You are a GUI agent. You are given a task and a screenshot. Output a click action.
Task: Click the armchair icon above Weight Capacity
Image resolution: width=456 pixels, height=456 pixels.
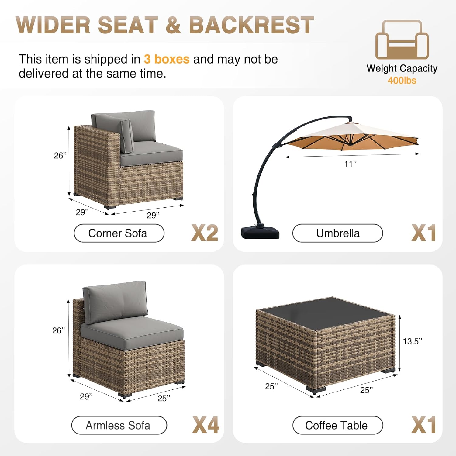[x=402, y=40]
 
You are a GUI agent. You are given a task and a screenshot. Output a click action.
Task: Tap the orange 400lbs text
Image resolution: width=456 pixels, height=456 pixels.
[x=402, y=81]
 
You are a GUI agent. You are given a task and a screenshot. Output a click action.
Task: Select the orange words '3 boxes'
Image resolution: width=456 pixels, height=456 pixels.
[x=167, y=59]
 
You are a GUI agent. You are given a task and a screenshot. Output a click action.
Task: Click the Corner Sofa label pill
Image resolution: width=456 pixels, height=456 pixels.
[x=119, y=233]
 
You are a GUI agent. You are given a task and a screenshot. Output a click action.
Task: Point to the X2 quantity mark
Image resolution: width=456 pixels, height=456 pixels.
[x=205, y=233]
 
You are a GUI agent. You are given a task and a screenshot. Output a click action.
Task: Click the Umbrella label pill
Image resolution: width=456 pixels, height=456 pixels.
[x=337, y=233]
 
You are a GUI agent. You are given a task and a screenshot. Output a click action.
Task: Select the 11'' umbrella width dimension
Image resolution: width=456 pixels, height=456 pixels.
[x=350, y=164]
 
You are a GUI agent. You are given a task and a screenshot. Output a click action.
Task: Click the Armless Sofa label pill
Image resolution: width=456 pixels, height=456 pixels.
[x=119, y=425]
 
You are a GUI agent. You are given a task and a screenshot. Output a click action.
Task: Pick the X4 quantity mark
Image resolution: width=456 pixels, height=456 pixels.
[x=206, y=425]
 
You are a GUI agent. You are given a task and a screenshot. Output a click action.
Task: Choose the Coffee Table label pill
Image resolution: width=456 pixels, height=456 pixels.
[x=337, y=425]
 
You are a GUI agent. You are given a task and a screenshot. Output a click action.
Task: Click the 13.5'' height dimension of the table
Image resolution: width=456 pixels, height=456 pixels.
[x=413, y=341]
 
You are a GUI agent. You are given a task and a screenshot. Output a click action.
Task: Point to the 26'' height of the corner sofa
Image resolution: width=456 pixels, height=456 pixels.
[x=60, y=156]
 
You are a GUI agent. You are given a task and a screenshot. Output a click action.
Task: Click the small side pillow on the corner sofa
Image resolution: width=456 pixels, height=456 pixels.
[x=126, y=136]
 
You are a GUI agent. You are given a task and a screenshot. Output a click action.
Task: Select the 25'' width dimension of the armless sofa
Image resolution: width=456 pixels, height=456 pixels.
[x=164, y=398]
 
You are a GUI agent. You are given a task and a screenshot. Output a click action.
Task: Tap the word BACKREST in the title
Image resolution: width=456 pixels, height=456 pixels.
[x=251, y=25]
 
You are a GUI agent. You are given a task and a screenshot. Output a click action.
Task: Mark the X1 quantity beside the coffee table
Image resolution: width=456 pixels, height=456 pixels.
[x=424, y=425]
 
